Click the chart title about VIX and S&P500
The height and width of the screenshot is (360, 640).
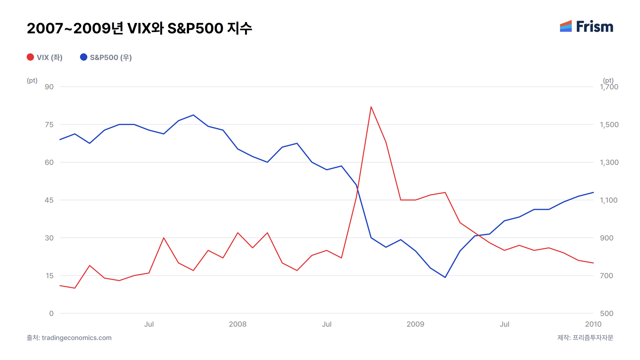click(x=140, y=28)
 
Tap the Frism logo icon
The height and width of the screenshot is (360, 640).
click(x=566, y=26)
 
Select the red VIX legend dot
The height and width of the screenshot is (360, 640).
click(x=30, y=57)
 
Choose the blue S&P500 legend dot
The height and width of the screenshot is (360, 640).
click(x=84, y=57)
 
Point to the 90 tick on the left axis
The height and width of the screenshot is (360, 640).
click(x=49, y=87)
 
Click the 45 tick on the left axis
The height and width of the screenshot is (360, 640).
click(x=49, y=200)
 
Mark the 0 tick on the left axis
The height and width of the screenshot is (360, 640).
click(x=51, y=313)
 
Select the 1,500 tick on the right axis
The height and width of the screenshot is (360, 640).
click(x=609, y=124)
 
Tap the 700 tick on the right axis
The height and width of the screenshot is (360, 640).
click(x=606, y=276)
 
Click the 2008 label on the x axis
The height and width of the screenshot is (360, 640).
click(x=238, y=324)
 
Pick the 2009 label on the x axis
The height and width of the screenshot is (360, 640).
click(x=415, y=324)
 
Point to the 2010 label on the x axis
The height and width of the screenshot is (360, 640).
click(x=593, y=324)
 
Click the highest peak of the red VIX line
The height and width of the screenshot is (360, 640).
click(x=371, y=107)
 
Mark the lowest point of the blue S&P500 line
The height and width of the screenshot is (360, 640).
click(x=445, y=277)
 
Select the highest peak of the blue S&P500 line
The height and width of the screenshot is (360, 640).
click(x=193, y=115)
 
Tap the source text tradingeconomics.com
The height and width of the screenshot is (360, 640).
click(x=77, y=338)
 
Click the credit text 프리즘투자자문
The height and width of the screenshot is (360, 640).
click(x=593, y=338)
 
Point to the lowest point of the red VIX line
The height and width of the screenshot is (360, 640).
click(x=75, y=288)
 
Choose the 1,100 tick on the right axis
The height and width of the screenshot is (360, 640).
click(x=609, y=200)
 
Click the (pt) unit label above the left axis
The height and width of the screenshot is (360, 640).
click(x=32, y=80)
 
